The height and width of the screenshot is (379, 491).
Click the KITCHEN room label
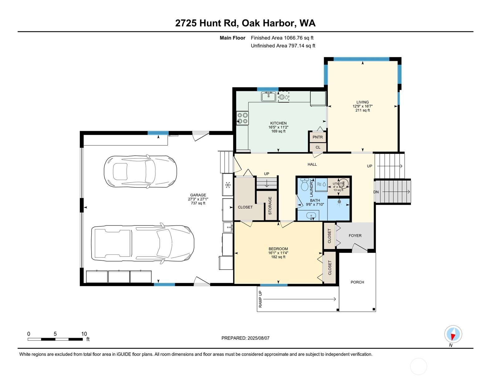278,123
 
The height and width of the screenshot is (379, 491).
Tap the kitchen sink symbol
269,97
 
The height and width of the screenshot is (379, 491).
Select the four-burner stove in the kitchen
242,118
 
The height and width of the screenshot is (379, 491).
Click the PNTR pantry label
317,137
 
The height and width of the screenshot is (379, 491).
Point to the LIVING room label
362,102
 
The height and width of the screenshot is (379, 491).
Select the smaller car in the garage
140,171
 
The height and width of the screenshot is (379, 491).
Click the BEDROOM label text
278,249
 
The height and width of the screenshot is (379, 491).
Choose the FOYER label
355,236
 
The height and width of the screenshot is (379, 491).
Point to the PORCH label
357,282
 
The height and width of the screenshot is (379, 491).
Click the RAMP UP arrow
299,299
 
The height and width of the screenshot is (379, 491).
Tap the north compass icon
453,334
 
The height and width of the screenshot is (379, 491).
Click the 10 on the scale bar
84,334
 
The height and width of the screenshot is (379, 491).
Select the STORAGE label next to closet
270,206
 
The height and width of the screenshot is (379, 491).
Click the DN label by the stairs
376,192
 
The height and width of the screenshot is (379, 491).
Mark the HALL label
312,164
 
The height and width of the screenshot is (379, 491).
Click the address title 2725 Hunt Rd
245,23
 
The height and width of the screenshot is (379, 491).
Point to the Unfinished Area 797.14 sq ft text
283,46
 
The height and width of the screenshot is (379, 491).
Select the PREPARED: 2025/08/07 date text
245,338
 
